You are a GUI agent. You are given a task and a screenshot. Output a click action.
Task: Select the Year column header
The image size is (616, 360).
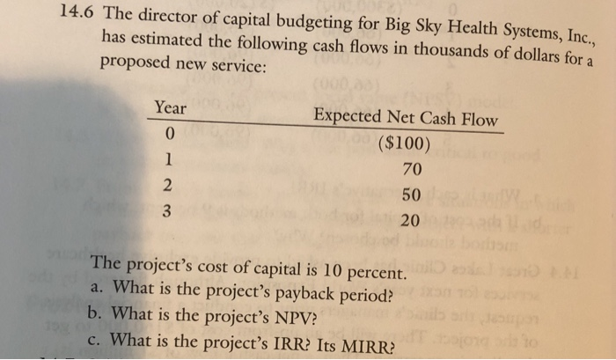point(170,107)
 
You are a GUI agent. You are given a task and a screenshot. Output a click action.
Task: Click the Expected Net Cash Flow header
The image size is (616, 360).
point(405,119)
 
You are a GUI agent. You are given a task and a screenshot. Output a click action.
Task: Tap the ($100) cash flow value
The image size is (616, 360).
point(402,144)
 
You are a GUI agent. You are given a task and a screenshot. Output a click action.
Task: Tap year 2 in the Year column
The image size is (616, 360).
point(171,185)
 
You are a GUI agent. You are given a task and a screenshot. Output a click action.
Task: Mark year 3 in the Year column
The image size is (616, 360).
point(171,210)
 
